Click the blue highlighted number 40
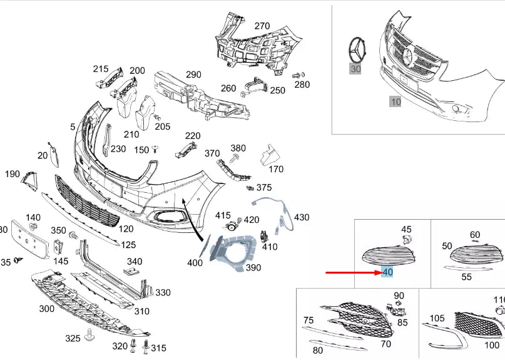point(387,272)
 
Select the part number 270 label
point(262,26)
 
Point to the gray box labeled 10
point(395,101)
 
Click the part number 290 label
point(193,75)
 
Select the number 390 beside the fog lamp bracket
point(253,267)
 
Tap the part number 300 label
point(46,308)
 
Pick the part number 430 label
point(302,217)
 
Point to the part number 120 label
point(126,229)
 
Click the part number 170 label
point(275,168)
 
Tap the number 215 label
point(101,69)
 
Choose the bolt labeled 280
point(298,75)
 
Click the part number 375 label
point(264,187)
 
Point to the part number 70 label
point(385,344)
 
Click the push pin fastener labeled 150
point(156,150)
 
